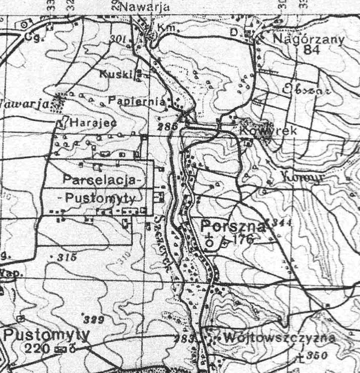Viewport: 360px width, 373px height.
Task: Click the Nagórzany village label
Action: pos(302,39)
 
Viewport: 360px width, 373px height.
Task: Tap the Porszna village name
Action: pos(233,226)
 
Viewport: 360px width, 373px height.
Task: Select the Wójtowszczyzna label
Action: pos(280,338)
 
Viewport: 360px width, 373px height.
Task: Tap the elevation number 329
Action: pos(93,320)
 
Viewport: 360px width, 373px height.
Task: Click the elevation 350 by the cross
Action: pos(316,356)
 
